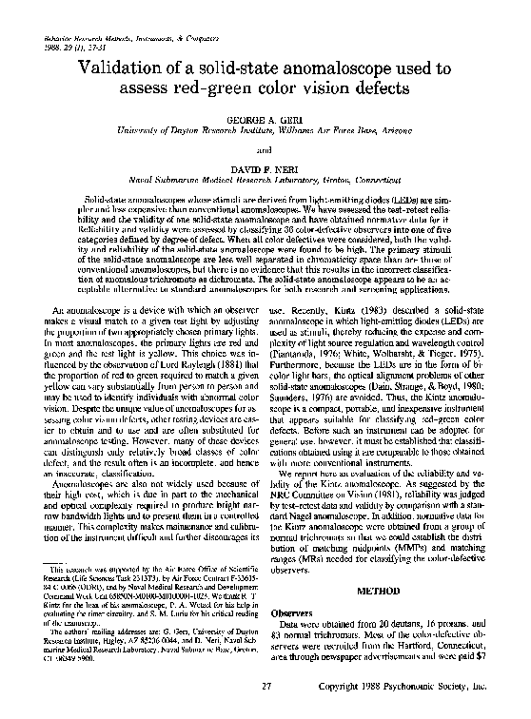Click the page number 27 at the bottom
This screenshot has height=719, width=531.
click(267, 686)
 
